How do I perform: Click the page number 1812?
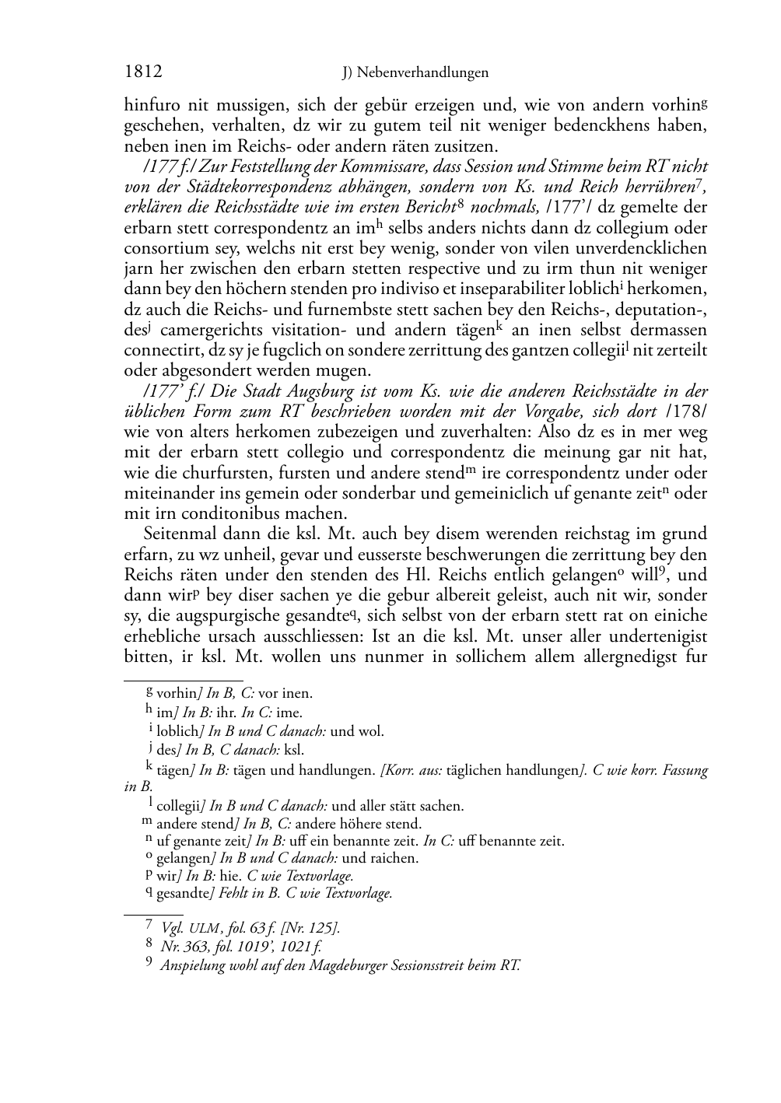pos(143,72)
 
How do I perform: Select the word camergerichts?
pos(209,330)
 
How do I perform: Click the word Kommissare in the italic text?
pos(352,166)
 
